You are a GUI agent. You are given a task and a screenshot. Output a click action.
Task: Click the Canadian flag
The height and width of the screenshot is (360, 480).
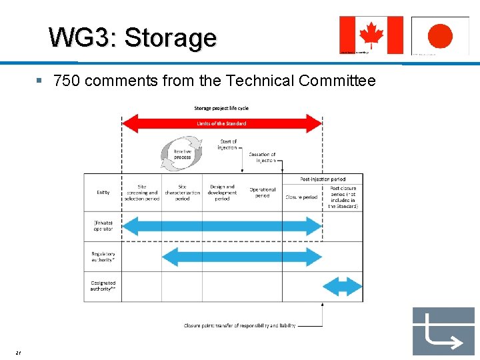coord(371,35)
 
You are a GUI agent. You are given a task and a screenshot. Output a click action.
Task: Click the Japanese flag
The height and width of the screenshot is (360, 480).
coord(440,35)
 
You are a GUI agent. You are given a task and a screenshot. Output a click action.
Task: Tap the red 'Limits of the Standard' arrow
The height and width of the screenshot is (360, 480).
coord(221,123)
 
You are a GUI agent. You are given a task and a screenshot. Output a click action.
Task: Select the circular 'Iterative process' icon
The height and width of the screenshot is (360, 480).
coord(182,153)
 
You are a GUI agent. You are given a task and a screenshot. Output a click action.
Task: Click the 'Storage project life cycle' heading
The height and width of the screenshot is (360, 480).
coord(221,108)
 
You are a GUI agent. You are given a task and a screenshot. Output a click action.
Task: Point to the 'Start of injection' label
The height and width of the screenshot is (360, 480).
coord(227,145)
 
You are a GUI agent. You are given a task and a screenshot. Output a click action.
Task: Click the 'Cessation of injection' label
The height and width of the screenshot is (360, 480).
coord(262,157)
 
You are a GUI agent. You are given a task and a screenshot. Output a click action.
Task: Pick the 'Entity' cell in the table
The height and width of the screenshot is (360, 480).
coord(103,193)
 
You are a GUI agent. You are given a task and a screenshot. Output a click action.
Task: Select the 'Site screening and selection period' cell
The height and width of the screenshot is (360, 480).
coord(142,193)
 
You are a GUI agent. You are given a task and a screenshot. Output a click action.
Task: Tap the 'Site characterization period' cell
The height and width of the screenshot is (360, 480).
coord(182,193)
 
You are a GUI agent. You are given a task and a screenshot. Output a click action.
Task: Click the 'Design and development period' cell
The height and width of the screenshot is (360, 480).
coord(222,193)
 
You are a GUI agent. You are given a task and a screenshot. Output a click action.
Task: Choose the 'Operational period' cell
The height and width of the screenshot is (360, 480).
coord(262,193)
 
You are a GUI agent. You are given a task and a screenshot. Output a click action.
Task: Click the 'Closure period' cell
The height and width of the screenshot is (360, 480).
coord(301,197)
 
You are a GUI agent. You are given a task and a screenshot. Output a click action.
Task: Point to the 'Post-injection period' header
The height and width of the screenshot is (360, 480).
coord(323,179)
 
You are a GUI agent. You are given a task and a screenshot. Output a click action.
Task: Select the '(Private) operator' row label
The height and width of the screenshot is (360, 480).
coord(103,226)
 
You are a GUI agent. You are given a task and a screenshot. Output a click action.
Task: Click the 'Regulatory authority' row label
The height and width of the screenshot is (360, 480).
coord(103,257)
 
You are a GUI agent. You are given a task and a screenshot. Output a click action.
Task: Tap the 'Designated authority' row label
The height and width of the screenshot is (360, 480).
coord(103,286)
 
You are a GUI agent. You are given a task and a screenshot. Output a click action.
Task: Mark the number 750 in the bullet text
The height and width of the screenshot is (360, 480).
coord(67,81)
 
